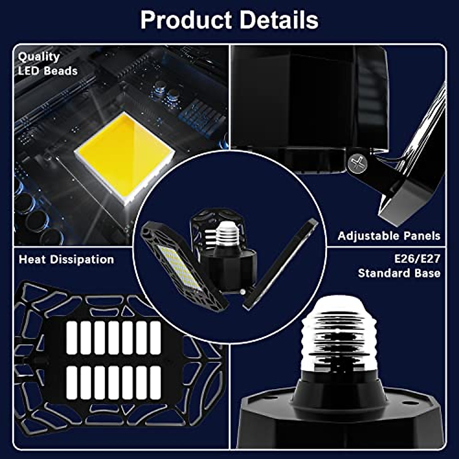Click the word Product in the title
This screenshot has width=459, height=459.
[186, 20]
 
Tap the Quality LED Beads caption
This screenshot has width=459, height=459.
[47, 63]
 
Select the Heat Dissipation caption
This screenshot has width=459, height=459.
[67, 259]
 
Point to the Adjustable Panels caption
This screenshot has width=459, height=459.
[389, 236]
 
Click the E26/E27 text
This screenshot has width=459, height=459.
[417, 259]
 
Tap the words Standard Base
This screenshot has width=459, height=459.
[399, 273]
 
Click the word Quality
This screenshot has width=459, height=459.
[39, 57]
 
